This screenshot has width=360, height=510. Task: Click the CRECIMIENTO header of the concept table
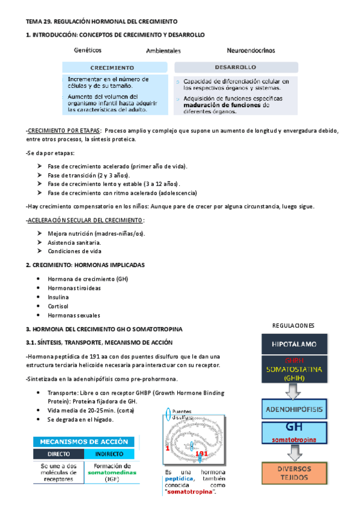[x=112, y=67]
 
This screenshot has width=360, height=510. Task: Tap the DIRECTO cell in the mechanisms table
[x=58, y=453]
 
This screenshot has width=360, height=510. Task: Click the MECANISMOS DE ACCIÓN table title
[x=85, y=441]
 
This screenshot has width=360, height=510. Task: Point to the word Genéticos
[x=87, y=50]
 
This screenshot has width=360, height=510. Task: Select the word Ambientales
[x=163, y=51]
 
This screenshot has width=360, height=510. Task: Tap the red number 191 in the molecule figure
[x=203, y=453]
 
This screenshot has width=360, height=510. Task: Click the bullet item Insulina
[x=58, y=297]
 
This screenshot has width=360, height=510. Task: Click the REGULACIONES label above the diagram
[x=294, y=325]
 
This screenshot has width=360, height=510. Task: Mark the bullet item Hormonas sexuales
[x=73, y=315]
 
